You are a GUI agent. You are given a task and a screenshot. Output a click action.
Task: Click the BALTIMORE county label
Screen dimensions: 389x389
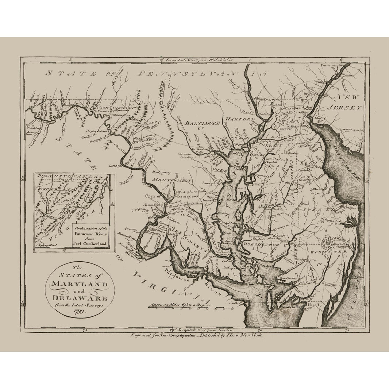click(x=203, y=123)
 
